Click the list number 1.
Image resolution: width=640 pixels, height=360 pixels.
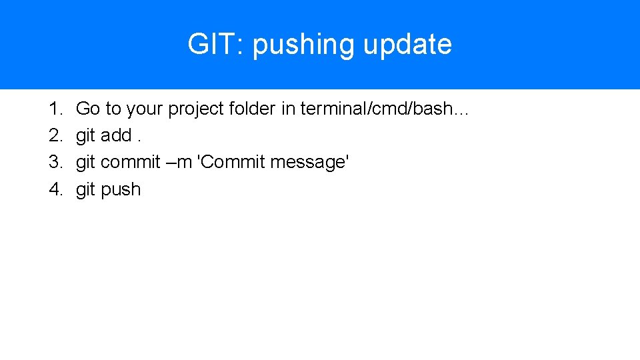click(x=55, y=109)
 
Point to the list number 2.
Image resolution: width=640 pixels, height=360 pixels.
click(x=55, y=135)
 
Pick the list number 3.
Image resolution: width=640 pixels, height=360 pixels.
click(x=55, y=162)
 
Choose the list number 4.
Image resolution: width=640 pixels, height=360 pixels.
click(x=55, y=189)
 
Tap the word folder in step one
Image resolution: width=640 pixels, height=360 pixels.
click(x=252, y=109)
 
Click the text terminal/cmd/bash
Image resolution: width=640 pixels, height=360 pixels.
click(x=377, y=109)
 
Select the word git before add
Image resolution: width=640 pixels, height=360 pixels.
click(x=85, y=135)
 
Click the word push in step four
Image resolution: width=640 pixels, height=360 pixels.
click(x=121, y=189)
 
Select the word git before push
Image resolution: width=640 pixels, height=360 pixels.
click(x=85, y=189)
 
